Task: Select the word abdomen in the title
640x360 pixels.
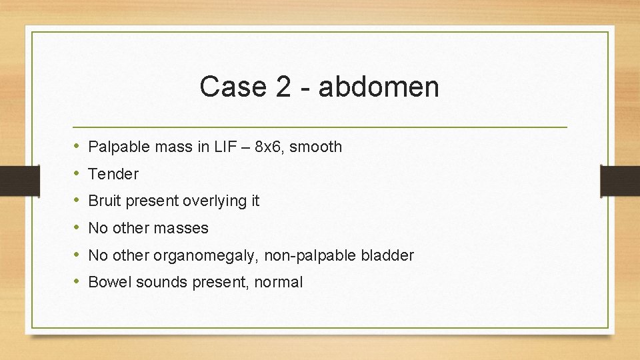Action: pyautogui.click(x=379, y=87)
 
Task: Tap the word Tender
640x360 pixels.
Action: pyautogui.click(x=113, y=174)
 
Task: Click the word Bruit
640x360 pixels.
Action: pyautogui.click(x=103, y=201)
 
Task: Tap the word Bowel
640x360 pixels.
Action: pyautogui.click(x=109, y=282)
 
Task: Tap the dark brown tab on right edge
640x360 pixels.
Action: pyautogui.click(x=620, y=180)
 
